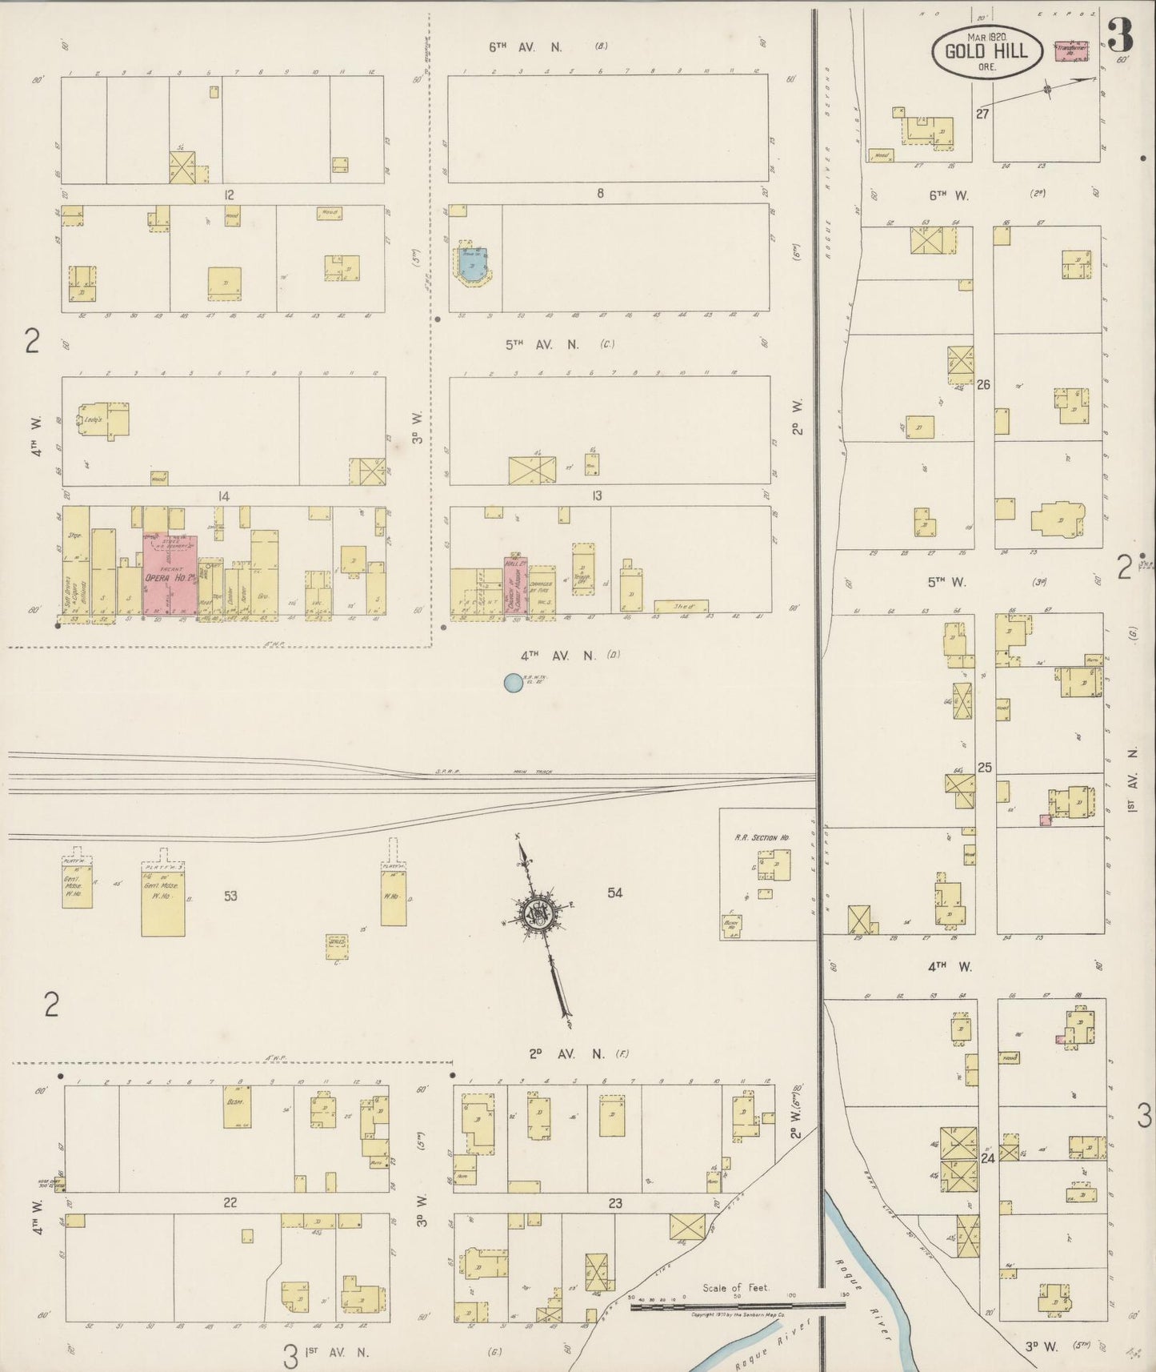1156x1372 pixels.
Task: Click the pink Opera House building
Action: point(170,575)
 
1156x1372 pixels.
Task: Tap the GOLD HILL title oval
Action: point(986,53)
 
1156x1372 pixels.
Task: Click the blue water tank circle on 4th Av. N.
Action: point(513,683)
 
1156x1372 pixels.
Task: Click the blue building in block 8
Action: point(473,262)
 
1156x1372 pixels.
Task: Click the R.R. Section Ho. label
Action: point(762,837)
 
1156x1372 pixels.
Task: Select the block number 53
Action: point(230,896)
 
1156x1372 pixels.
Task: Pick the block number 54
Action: point(614,893)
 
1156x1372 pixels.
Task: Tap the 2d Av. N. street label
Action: point(566,1054)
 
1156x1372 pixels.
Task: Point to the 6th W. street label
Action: point(949,195)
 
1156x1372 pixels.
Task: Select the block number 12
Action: point(230,195)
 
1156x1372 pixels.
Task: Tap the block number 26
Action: point(983,384)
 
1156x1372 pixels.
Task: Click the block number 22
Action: point(230,1202)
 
